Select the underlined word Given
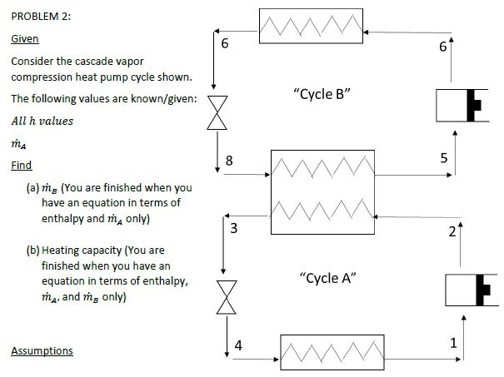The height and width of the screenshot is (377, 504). (24, 39)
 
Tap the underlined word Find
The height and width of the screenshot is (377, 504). (21, 166)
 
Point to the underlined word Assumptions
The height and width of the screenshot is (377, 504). (42, 350)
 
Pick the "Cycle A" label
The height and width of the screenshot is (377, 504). (327, 277)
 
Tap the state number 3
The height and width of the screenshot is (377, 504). (235, 228)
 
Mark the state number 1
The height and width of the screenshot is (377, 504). (452, 342)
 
